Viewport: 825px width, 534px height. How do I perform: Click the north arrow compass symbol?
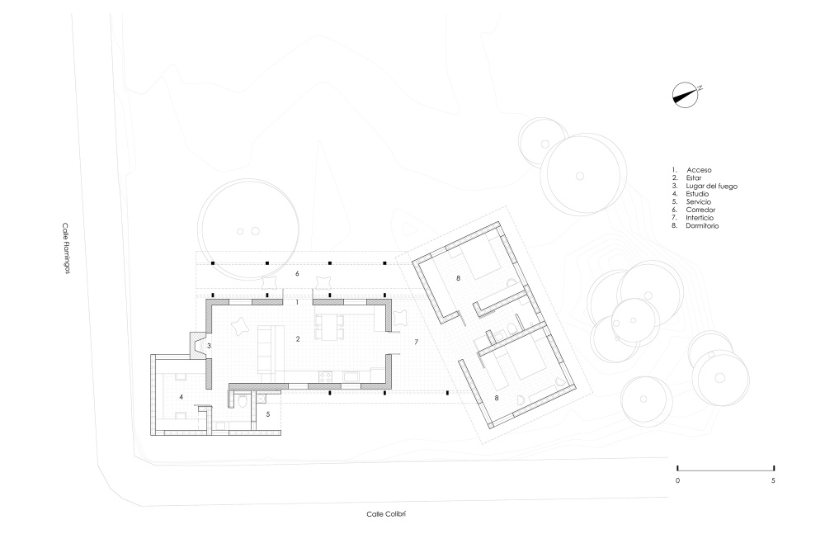[686, 95]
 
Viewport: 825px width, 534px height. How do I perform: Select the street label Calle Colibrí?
[386, 514]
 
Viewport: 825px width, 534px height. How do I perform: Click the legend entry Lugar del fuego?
[711, 186]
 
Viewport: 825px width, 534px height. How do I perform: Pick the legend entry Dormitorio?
[702, 225]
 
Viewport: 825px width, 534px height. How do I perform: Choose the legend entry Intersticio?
[700, 218]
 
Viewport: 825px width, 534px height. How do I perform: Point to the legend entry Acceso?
[699, 170]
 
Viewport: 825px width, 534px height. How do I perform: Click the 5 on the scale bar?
[773, 480]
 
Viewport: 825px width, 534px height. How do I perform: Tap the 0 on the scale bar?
[677, 480]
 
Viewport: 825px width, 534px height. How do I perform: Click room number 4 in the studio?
[181, 396]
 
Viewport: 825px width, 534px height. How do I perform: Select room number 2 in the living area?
[298, 338]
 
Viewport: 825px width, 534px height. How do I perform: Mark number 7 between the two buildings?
[416, 343]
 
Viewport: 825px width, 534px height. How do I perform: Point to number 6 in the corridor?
[297, 274]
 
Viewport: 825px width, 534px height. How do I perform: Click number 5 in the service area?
[268, 414]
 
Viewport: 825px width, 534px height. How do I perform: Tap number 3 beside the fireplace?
[209, 346]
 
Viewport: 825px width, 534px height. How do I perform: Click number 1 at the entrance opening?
[297, 302]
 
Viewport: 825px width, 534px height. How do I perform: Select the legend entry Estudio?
[697, 194]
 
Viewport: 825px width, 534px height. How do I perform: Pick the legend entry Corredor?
[700, 210]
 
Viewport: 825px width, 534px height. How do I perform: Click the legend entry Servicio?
[698, 201]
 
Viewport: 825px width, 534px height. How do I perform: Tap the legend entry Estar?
[694, 178]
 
